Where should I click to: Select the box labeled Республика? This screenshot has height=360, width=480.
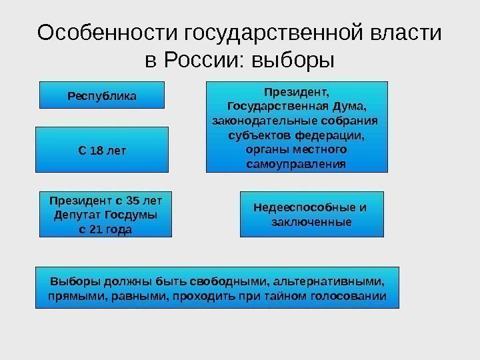[x=102, y=95]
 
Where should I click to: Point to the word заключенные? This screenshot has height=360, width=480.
[x=311, y=221]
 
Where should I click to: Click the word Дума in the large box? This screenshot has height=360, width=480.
[x=353, y=106]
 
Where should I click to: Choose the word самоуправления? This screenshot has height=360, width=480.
[x=297, y=164]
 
